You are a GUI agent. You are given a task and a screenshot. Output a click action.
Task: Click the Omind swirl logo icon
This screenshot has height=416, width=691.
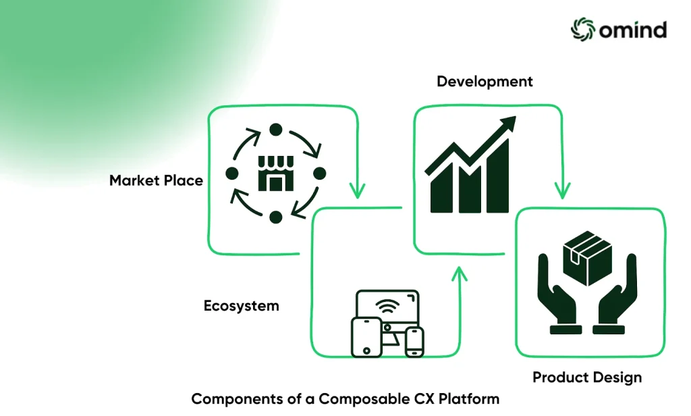[583, 30]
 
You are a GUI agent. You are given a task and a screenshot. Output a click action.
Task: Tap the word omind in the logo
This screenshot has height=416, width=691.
[633, 30]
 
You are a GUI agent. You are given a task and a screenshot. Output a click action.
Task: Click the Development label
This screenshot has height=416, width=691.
[485, 82]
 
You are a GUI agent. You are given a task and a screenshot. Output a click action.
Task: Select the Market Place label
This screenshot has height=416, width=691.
[156, 180]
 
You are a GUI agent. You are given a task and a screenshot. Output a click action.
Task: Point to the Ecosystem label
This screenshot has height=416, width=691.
[242, 306]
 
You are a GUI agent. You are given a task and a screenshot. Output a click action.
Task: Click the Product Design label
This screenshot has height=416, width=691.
[587, 378]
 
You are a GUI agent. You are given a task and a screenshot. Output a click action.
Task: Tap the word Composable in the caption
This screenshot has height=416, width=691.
[364, 399]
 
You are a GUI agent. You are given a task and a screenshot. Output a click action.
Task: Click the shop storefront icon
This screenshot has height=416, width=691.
[276, 174]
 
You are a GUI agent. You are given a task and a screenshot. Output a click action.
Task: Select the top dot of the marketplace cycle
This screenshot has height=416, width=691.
[276, 130]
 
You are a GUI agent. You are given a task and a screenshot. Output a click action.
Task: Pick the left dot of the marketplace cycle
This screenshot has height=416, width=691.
[232, 174]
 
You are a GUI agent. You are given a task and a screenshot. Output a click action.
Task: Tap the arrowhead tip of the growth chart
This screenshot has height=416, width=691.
[515, 117]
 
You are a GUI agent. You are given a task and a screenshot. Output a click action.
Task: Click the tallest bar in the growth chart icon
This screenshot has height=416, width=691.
[499, 176]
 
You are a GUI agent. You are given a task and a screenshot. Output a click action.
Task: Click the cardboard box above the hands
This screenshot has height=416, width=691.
[588, 258]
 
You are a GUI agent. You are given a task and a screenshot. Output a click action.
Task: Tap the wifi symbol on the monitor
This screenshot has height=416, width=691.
[387, 305]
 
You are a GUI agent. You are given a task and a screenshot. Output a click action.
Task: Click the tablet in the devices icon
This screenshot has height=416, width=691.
[366, 337]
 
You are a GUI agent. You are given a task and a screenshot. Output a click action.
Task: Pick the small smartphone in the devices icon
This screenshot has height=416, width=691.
[414, 342]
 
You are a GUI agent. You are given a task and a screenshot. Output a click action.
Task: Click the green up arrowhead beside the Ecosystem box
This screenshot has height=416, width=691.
[459, 274]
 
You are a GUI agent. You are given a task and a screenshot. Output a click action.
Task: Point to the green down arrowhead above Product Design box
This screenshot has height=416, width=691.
[562, 190]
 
